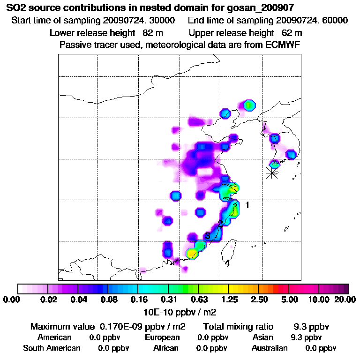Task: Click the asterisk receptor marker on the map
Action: click(271, 172)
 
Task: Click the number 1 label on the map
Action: click(247, 205)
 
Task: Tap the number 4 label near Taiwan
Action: click(227, 263)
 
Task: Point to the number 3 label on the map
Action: click(207, 236)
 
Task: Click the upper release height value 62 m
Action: click(292, 33)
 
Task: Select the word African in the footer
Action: click(166, 348)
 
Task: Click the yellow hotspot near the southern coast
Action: click(192, 254)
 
